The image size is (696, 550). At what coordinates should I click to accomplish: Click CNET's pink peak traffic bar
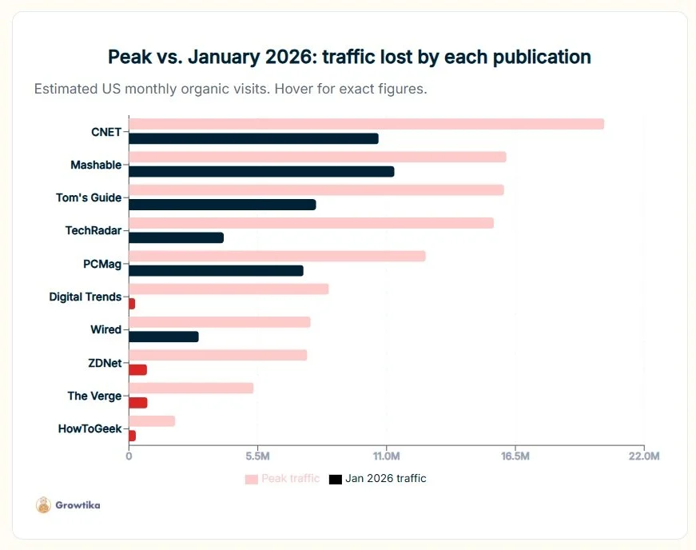(x=366, y=124)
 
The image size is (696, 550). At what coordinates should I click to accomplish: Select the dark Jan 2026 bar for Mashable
(x=261, y=171)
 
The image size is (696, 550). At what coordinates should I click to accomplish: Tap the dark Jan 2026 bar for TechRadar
(x=176, y=237)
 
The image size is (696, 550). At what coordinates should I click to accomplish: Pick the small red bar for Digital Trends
(x=132, y=304)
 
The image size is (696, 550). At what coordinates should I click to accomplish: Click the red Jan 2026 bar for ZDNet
(x=137, y=369)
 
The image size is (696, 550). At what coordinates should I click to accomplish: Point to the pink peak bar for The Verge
(x=191, y=388)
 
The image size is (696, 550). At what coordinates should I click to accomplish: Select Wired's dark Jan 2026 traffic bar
(x=163, y=337)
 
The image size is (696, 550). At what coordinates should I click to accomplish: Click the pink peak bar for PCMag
(x=276, y=256)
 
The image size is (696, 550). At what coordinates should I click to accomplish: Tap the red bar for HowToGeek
(x=132, y=436)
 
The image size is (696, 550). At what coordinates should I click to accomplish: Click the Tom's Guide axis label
(x=89, y=197)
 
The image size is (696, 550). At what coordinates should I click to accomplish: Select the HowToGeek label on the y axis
(x=89, y=428)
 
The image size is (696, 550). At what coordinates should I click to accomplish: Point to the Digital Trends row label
(x=85, y=297)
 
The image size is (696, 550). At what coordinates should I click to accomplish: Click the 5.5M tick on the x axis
(x=257, y=456)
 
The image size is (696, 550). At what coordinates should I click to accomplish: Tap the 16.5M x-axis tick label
(x=515, y=456)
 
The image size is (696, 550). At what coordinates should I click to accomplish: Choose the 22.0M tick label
(x=644, y=456)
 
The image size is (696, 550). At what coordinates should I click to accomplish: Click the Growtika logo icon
(x=43, y=505)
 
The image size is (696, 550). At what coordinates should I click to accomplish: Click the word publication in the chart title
(x=537, y=58)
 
